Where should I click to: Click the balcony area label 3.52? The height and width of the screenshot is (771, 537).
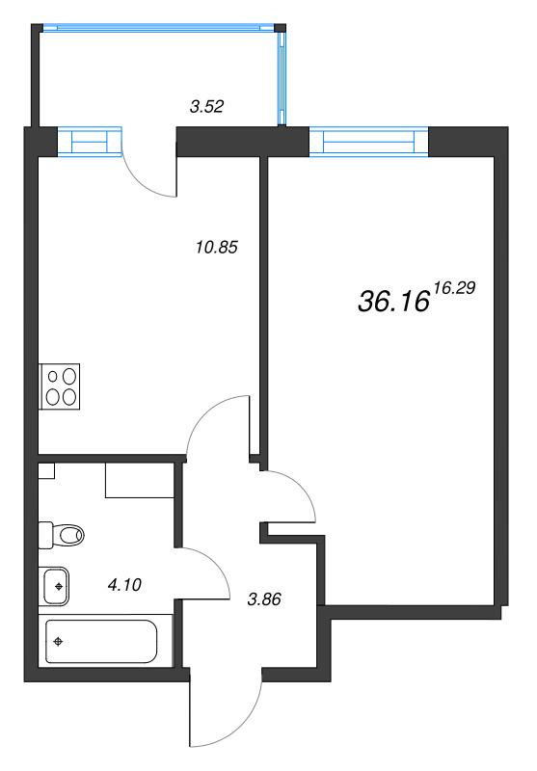[206, 107]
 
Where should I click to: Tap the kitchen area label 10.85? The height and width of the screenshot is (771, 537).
[216, 247]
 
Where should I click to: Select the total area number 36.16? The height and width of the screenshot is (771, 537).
[392, 302]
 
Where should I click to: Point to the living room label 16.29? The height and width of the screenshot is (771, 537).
[456, 286]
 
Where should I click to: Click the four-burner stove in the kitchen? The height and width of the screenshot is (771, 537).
[60, 385]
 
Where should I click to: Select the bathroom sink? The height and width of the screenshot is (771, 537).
[56, 584]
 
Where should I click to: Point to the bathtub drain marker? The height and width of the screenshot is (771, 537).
[60, 642]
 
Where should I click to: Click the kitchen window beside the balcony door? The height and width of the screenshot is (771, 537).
[91, 141]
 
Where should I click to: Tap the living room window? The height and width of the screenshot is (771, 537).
[369, 141]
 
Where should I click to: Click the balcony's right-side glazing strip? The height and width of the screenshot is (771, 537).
[283, 77]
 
